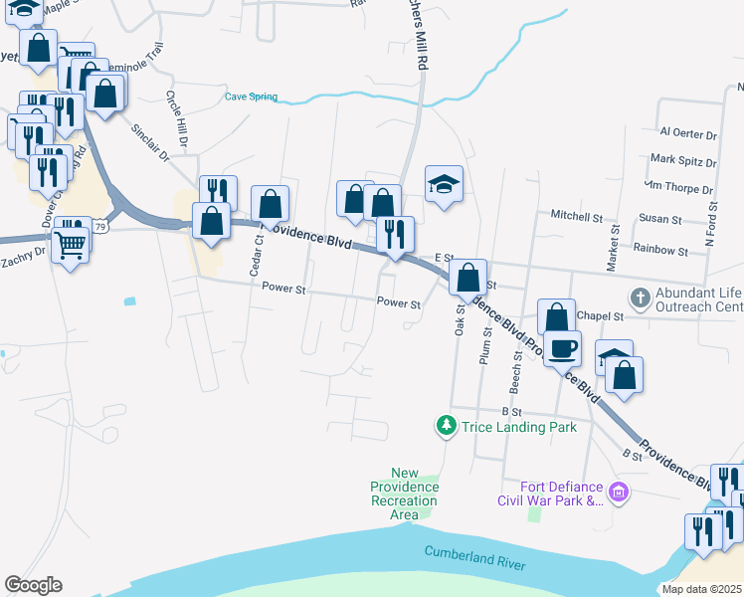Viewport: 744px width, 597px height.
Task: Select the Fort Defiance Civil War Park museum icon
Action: click(x=619, y=492)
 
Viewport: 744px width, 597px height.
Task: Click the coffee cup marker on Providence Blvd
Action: click(x=562, y=348)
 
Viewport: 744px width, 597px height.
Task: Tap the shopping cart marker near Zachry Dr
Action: click(x=71, y=241)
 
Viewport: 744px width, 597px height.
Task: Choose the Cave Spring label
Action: click(x=251, y=97)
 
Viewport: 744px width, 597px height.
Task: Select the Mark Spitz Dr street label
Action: click(x=681, y=159)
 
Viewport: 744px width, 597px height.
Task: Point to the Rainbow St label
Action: click(x=659, y=251)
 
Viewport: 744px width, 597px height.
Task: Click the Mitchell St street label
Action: click(x=577, y=216)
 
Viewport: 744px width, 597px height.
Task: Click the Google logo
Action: click(x=33, y=585)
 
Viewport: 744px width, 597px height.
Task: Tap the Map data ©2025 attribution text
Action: click(x=701, y=589)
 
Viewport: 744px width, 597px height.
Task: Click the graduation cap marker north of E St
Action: click(x=445, y=185)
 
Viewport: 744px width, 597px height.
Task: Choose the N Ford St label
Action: click(x=710, y=226)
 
